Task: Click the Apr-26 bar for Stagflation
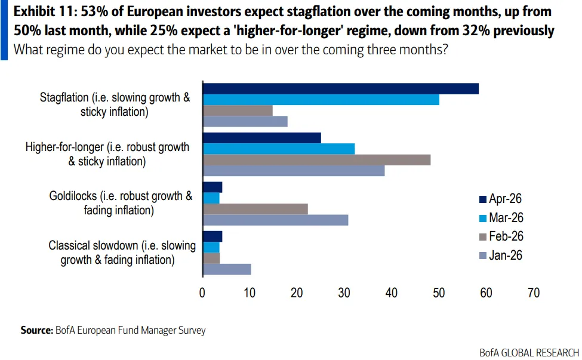[341, 89]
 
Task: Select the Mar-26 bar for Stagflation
[321, 100]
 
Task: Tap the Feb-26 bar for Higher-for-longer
[316, 160]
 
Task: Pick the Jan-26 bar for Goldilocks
[275, 220]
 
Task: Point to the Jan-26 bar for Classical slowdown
[227, 269]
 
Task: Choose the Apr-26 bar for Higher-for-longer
[262, 138]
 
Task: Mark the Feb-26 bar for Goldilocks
[255, 210]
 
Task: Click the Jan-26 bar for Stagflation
[245, 122]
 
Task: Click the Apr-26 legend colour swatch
[483, 199]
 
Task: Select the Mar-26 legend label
[506, 217]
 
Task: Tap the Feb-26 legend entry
[501, 236]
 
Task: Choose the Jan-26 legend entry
[501, 256]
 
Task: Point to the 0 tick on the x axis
[202, 293]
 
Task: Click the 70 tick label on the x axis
[534, 293]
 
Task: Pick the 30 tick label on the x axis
[344, 293]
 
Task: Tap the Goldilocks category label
[121, 203]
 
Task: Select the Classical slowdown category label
[122, 253]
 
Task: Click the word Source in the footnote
[37, 330]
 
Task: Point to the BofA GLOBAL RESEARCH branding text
[529, 353]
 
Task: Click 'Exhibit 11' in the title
[45, 12]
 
